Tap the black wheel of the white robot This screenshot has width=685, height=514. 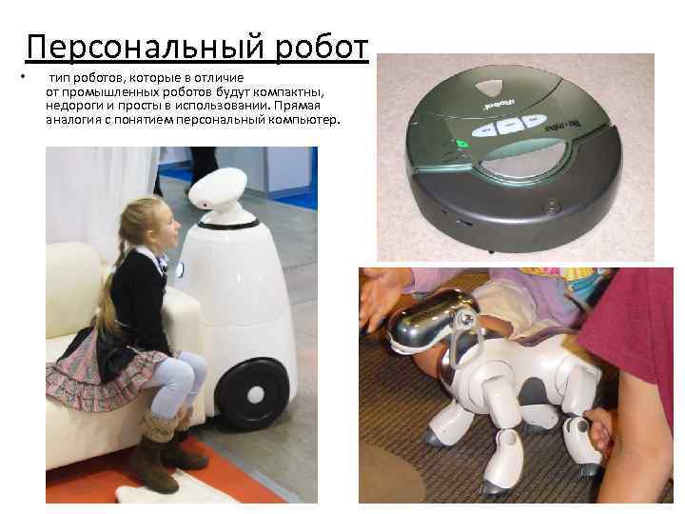(254, 392)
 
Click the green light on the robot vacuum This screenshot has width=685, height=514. (461, 145)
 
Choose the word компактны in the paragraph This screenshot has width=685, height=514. (288, 91)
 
